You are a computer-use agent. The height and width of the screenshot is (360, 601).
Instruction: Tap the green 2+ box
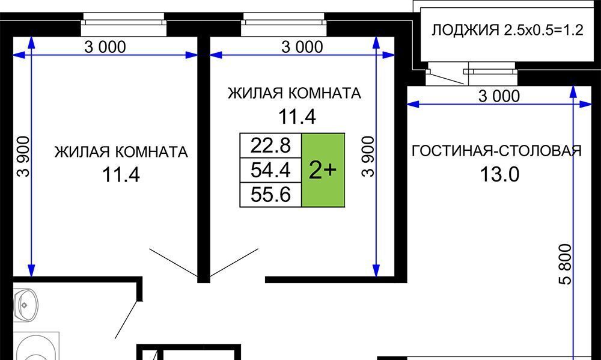point(323,170)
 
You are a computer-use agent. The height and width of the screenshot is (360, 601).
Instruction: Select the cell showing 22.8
point(271,145)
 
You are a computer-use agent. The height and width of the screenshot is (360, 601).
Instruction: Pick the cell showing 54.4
point(271,170)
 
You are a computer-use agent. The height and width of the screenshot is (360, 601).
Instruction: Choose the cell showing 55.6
point(271,195)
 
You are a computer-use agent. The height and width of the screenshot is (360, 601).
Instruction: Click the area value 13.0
point(499,175)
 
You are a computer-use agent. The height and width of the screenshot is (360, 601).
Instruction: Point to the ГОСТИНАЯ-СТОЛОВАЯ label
point(497,151)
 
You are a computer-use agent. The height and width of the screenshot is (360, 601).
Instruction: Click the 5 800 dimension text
point(566,264)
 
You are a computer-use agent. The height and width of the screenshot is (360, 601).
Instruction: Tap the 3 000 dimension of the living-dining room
point(499,96)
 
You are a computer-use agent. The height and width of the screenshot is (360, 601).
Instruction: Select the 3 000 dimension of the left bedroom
point(105,47)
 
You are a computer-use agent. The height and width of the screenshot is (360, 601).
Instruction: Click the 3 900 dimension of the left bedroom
point(23,156)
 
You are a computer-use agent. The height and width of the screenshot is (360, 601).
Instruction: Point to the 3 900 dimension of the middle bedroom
point(368,156)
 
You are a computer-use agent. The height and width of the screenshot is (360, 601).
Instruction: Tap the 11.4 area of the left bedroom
point(121,175)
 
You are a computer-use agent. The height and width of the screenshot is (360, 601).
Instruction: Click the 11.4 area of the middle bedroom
point(297,117)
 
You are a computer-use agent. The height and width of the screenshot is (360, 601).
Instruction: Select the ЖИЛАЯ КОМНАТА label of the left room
point(121,152)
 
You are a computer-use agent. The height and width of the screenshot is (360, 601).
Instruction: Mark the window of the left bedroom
point(124,24)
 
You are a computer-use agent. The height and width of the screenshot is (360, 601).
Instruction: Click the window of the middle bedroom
point(284,24)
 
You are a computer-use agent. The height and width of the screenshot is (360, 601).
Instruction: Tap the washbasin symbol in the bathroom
point(26,305)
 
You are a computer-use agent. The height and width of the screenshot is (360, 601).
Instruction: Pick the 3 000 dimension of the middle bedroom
point(302,47)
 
